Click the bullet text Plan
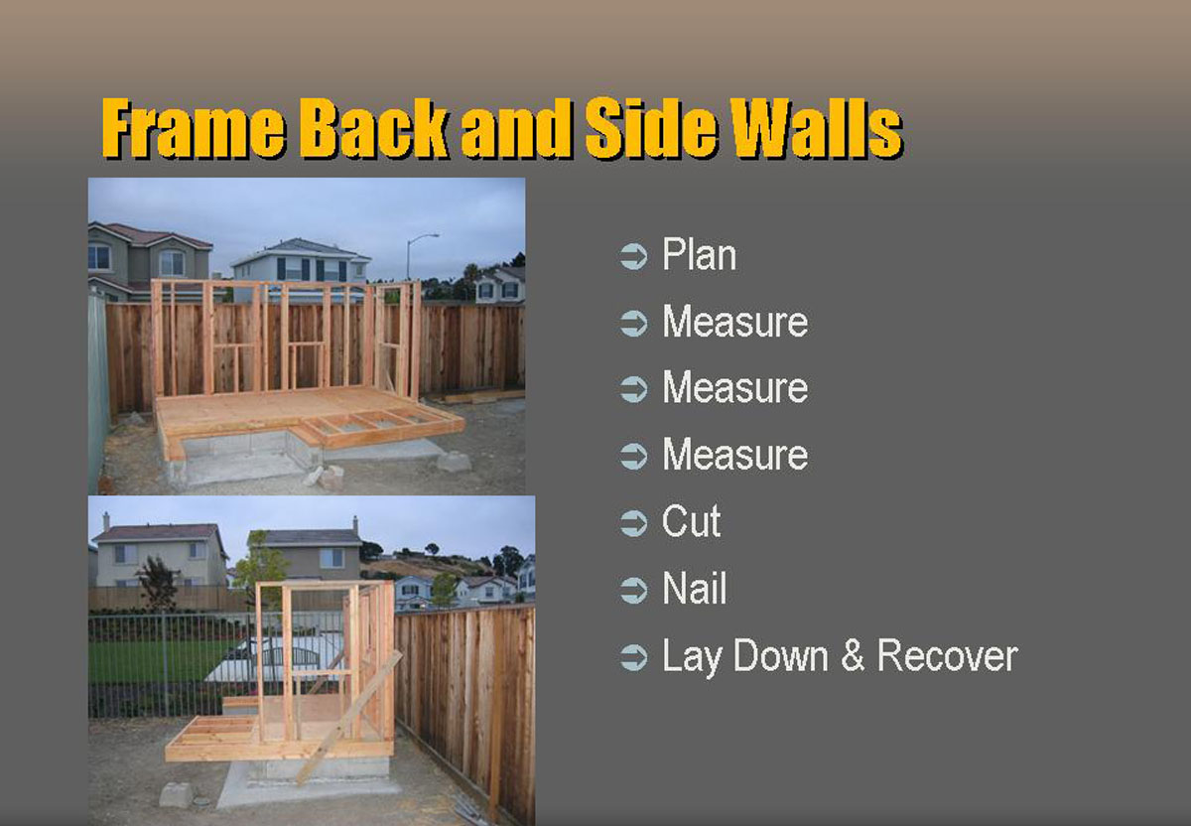pos(699,255)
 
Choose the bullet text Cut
pos(691,521)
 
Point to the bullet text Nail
pos(695,588)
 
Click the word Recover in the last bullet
pos(947,655)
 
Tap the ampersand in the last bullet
pos(853,655)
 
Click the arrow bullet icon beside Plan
pos(634,256)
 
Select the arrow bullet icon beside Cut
pos(634,523)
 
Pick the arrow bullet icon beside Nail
pos(634,590)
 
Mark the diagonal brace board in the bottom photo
pos(348,717)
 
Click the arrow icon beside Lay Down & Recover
pos(634,657)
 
